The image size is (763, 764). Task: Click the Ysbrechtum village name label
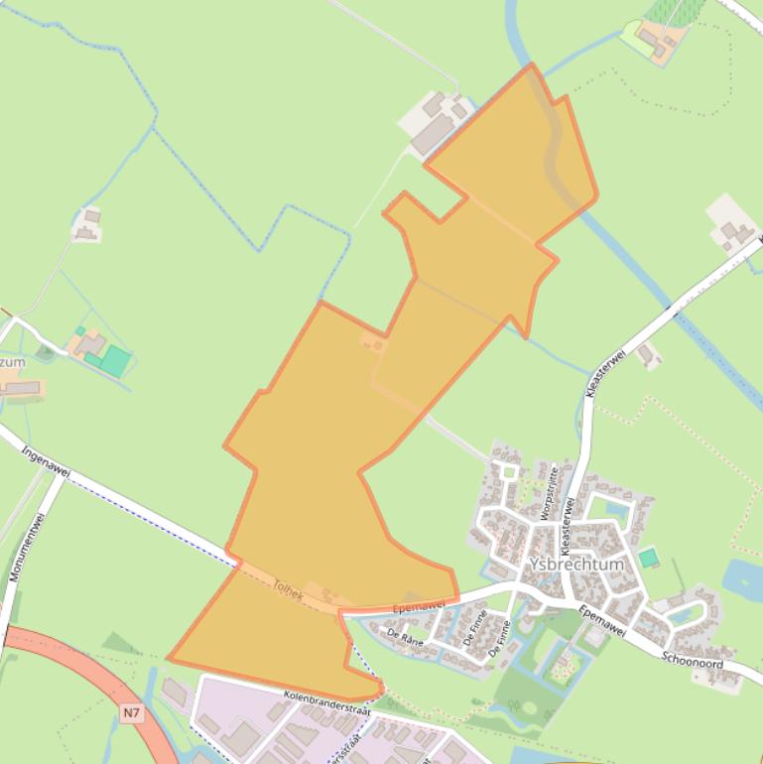577,564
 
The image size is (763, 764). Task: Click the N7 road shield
133,712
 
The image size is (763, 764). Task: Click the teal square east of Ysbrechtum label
648,559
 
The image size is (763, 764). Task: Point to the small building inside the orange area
374,344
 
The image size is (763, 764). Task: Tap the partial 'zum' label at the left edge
13,362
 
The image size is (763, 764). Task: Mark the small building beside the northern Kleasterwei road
649,354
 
